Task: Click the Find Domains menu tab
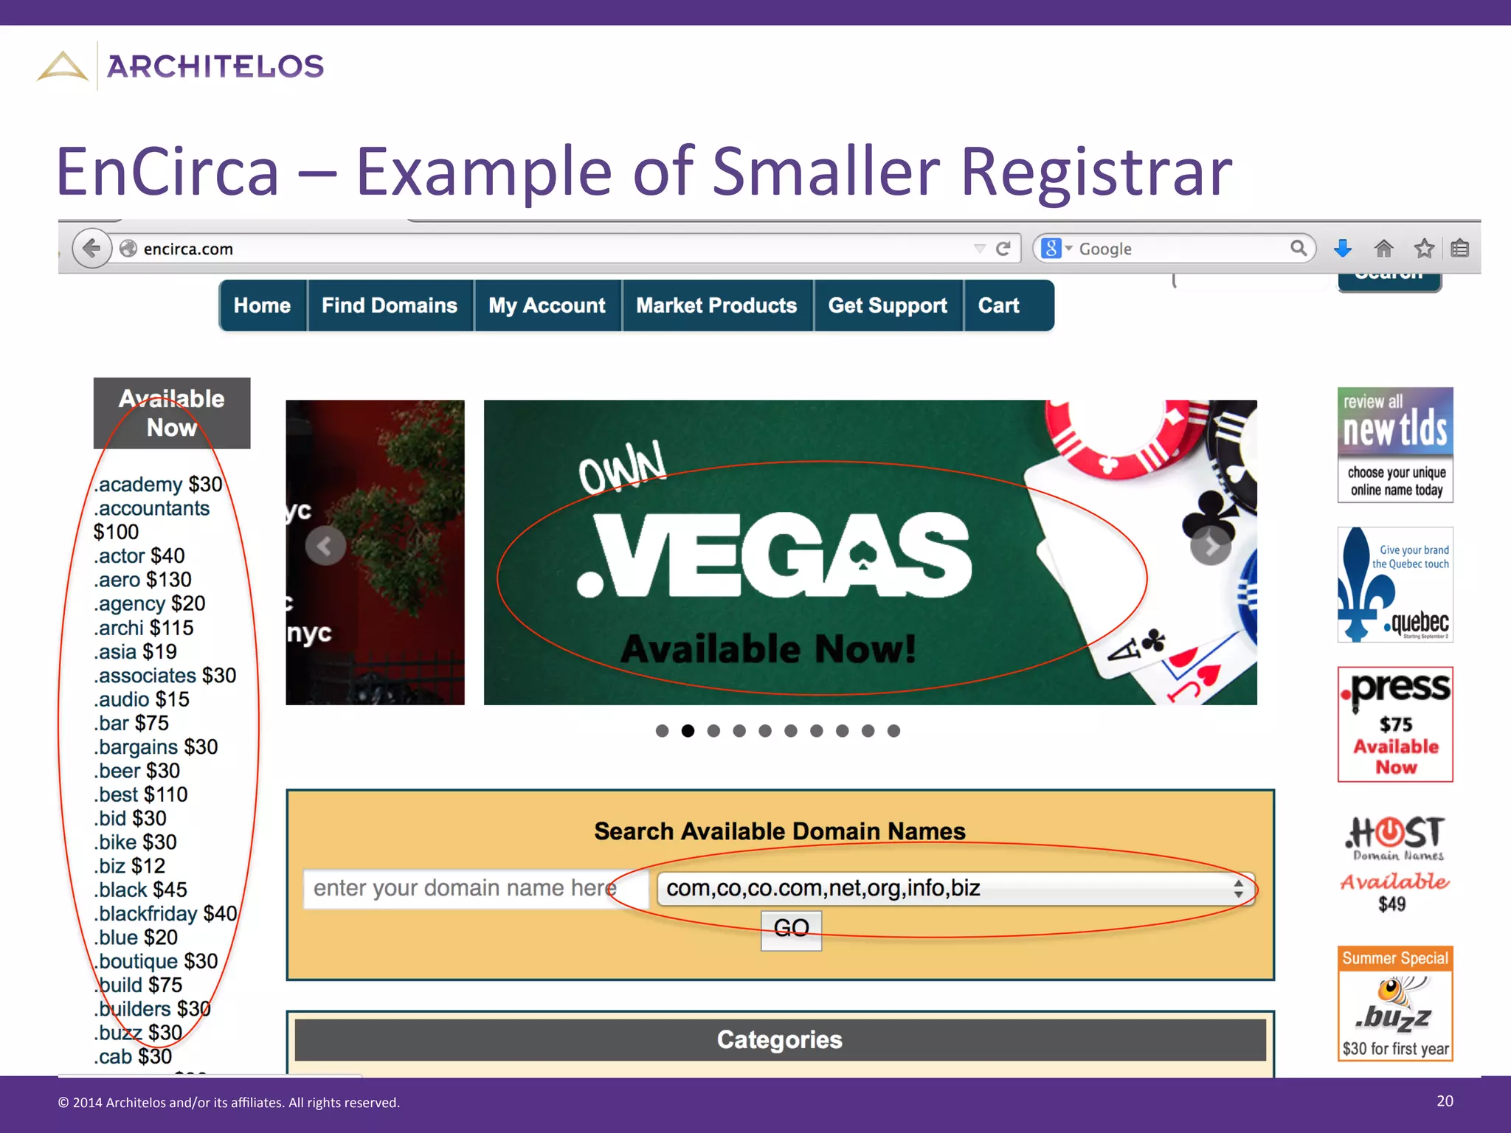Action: point(389,305)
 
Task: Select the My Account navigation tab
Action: point(547,305)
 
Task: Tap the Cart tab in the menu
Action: point(998,305)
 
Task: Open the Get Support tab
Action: point(888,305)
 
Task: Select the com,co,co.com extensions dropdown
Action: point(955,888)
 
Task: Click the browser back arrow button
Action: point(91,249)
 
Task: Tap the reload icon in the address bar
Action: point(1003,249)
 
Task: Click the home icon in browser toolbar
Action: point(1383,249)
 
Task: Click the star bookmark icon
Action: point(1424,249)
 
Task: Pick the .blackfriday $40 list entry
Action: point(166,914)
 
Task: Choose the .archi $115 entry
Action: point(144,628)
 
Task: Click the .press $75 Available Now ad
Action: point(1395,724)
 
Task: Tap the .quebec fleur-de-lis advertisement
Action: point(1395,584)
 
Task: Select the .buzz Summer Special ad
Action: point(1395,1003)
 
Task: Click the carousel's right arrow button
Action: point(1211,546)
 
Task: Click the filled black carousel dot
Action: point(688,731)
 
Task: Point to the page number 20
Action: point(1445,1101)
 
